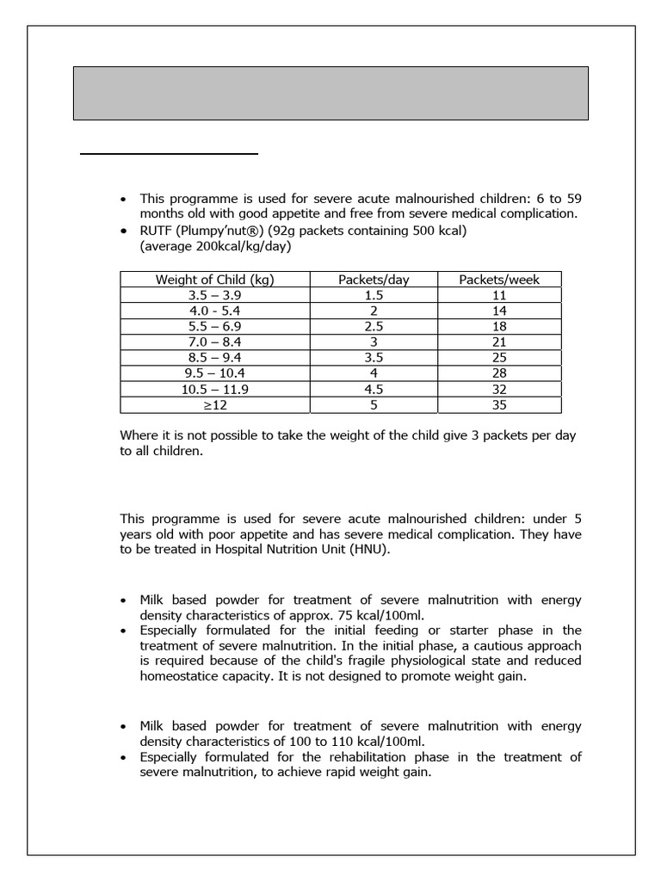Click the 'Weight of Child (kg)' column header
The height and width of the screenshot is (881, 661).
click(x=214, y=279)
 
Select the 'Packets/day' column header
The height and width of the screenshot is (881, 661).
click(x=374, y=279)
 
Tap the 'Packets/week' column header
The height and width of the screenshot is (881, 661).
click(x=499, y=279)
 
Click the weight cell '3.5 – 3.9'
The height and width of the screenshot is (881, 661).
click(x=214, y=295)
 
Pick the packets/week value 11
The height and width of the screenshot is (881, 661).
click(x=499, y=295)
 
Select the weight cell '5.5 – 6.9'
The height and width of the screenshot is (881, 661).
click(x=214, y=326)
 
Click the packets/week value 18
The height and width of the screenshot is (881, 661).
click(x=499, y=326)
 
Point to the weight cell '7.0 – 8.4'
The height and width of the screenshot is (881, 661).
click(x=214, y=342)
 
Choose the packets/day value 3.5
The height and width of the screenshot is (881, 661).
click(x=374, y=357)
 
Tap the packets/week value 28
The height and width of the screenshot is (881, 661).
click(x=499, y=373)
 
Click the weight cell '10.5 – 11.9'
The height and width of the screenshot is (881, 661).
click(x=214, y=389)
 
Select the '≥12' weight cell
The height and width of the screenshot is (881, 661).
click(x=214, y=404)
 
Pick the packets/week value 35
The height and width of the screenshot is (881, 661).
click(x=499, y=404)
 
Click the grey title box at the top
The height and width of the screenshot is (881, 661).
click(x=330, y=93)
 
